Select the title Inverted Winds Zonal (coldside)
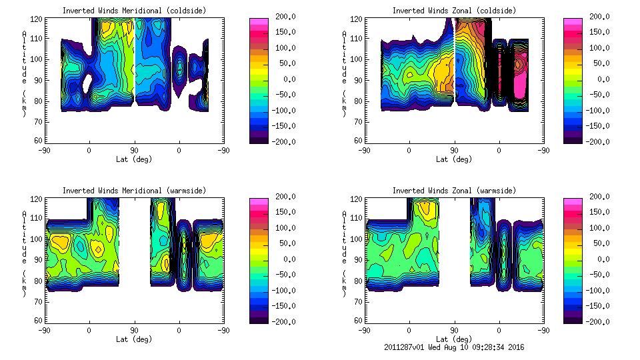coord(454,11)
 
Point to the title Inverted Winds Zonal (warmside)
coord(454,191)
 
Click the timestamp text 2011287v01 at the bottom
coord(406,347)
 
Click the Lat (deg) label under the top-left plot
coord(134,159)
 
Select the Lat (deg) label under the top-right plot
coord(453,159)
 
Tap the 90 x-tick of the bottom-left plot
coord(134,330)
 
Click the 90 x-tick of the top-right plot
coord(454,150)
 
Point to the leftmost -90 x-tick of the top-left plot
coord(44,150)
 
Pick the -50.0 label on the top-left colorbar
coord(287,95)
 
